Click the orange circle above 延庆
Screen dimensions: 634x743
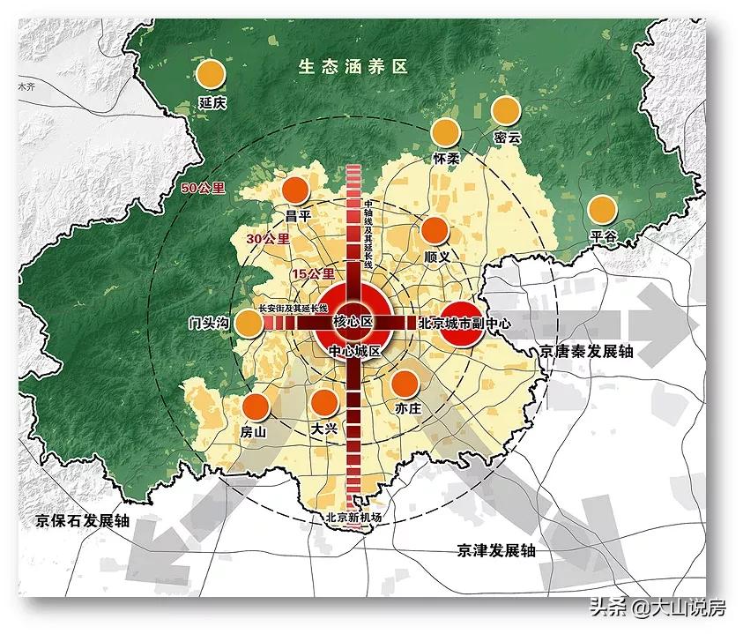click(x=212, y=76)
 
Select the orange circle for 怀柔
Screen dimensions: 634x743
click(x=446, y=133)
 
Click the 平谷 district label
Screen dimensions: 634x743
click(x=602, y=235)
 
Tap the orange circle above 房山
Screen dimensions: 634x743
click(x=256, y=407)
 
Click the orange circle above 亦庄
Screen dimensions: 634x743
click(x=405, y=383)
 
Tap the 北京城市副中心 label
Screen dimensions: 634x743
click(x=464, y=323)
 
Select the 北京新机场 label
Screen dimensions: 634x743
click(x=353, y=518)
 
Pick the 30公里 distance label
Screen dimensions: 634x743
click(x=268, y=239)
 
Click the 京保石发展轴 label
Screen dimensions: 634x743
click(x=78, y=520)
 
